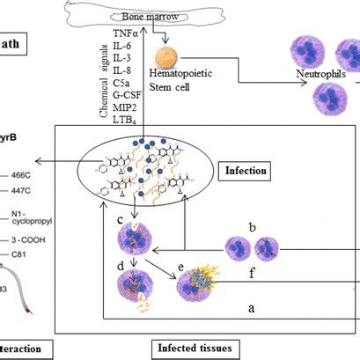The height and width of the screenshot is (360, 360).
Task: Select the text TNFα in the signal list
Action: [x=125, y=33]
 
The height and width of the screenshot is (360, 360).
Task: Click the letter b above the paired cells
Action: [x=253, y=227]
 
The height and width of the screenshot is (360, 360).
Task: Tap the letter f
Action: [x=253, y=274]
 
